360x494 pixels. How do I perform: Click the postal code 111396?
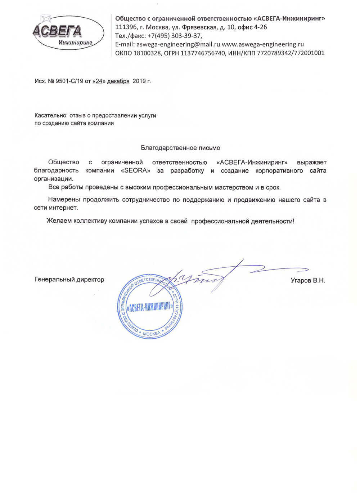(125, 27)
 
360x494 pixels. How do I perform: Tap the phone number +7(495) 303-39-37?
(174, 36)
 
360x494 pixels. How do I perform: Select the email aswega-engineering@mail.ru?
(178, 44)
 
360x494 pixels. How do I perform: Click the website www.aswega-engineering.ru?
(263, 44)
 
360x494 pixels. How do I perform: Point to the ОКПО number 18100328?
(147, 53)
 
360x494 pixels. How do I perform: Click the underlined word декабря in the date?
(118, 81)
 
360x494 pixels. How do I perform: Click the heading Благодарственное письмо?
(180, 148)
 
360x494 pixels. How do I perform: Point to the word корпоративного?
(279, 171)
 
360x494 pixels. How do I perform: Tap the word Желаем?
(59, 221)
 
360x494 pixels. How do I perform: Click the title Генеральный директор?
(69, 280)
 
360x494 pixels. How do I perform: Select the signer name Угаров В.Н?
(308, 280)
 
